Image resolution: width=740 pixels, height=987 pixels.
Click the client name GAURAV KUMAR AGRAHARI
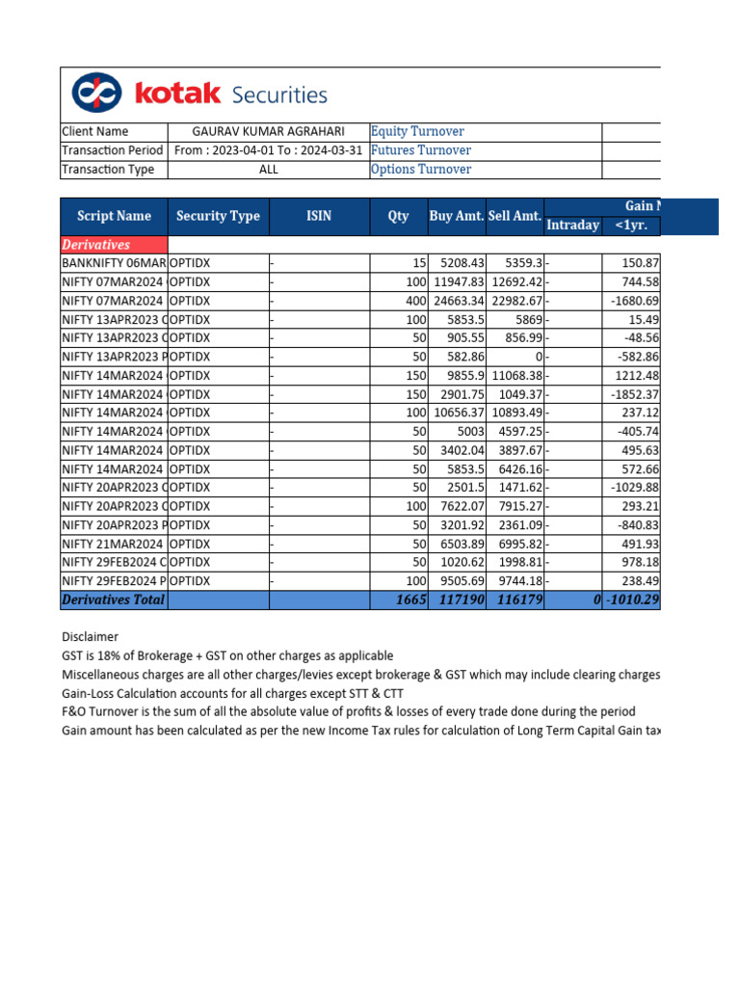pyautogui.click(x=269, y=132)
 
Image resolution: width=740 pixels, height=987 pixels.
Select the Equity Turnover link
pyautogui.click(x=417, y=132)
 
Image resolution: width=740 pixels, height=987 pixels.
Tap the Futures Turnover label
pyautogui.click(x=421, y=150)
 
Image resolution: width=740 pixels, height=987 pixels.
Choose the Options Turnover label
pyautogui.click(x=421, y=170)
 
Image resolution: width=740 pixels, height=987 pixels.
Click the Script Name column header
pyautogui.click(x=114, y=216)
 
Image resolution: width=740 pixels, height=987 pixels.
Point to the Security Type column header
pyautogui.click(x=218, y=216)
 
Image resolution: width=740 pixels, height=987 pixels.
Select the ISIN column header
pyautogui.click(x=319, y=216)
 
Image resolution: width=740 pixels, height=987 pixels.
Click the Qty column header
pyautogui.click(x=399, y=216)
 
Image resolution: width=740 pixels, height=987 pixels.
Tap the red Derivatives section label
pyautogui.click(x=95, y=245)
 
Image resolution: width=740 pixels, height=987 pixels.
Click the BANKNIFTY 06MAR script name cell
pyautogui.click(x=113, y=263)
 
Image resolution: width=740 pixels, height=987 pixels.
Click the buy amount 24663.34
pyautogui.click(x=458, y=301)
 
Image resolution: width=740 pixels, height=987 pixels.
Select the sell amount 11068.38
pyautogui.click(x=515, y=376)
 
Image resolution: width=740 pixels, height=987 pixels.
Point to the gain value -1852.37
pyautogui.click(x=632, y=394)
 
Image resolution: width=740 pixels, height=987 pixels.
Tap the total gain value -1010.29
pyautogui.click(x=632, y=600)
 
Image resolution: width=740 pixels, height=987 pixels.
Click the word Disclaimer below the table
pyautogui.click(x=90, y=637)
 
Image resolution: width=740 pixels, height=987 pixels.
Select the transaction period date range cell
pyautogui.click(x=269, y=150)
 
